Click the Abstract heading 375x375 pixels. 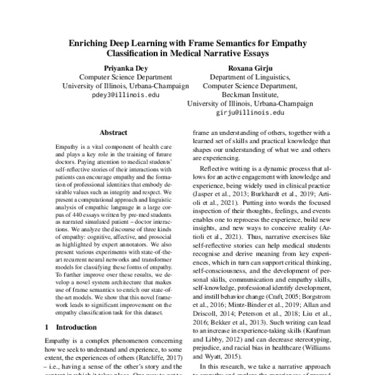coord(113,133)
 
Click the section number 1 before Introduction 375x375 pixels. coord(47,327)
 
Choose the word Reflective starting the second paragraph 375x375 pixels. coord(215,171)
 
